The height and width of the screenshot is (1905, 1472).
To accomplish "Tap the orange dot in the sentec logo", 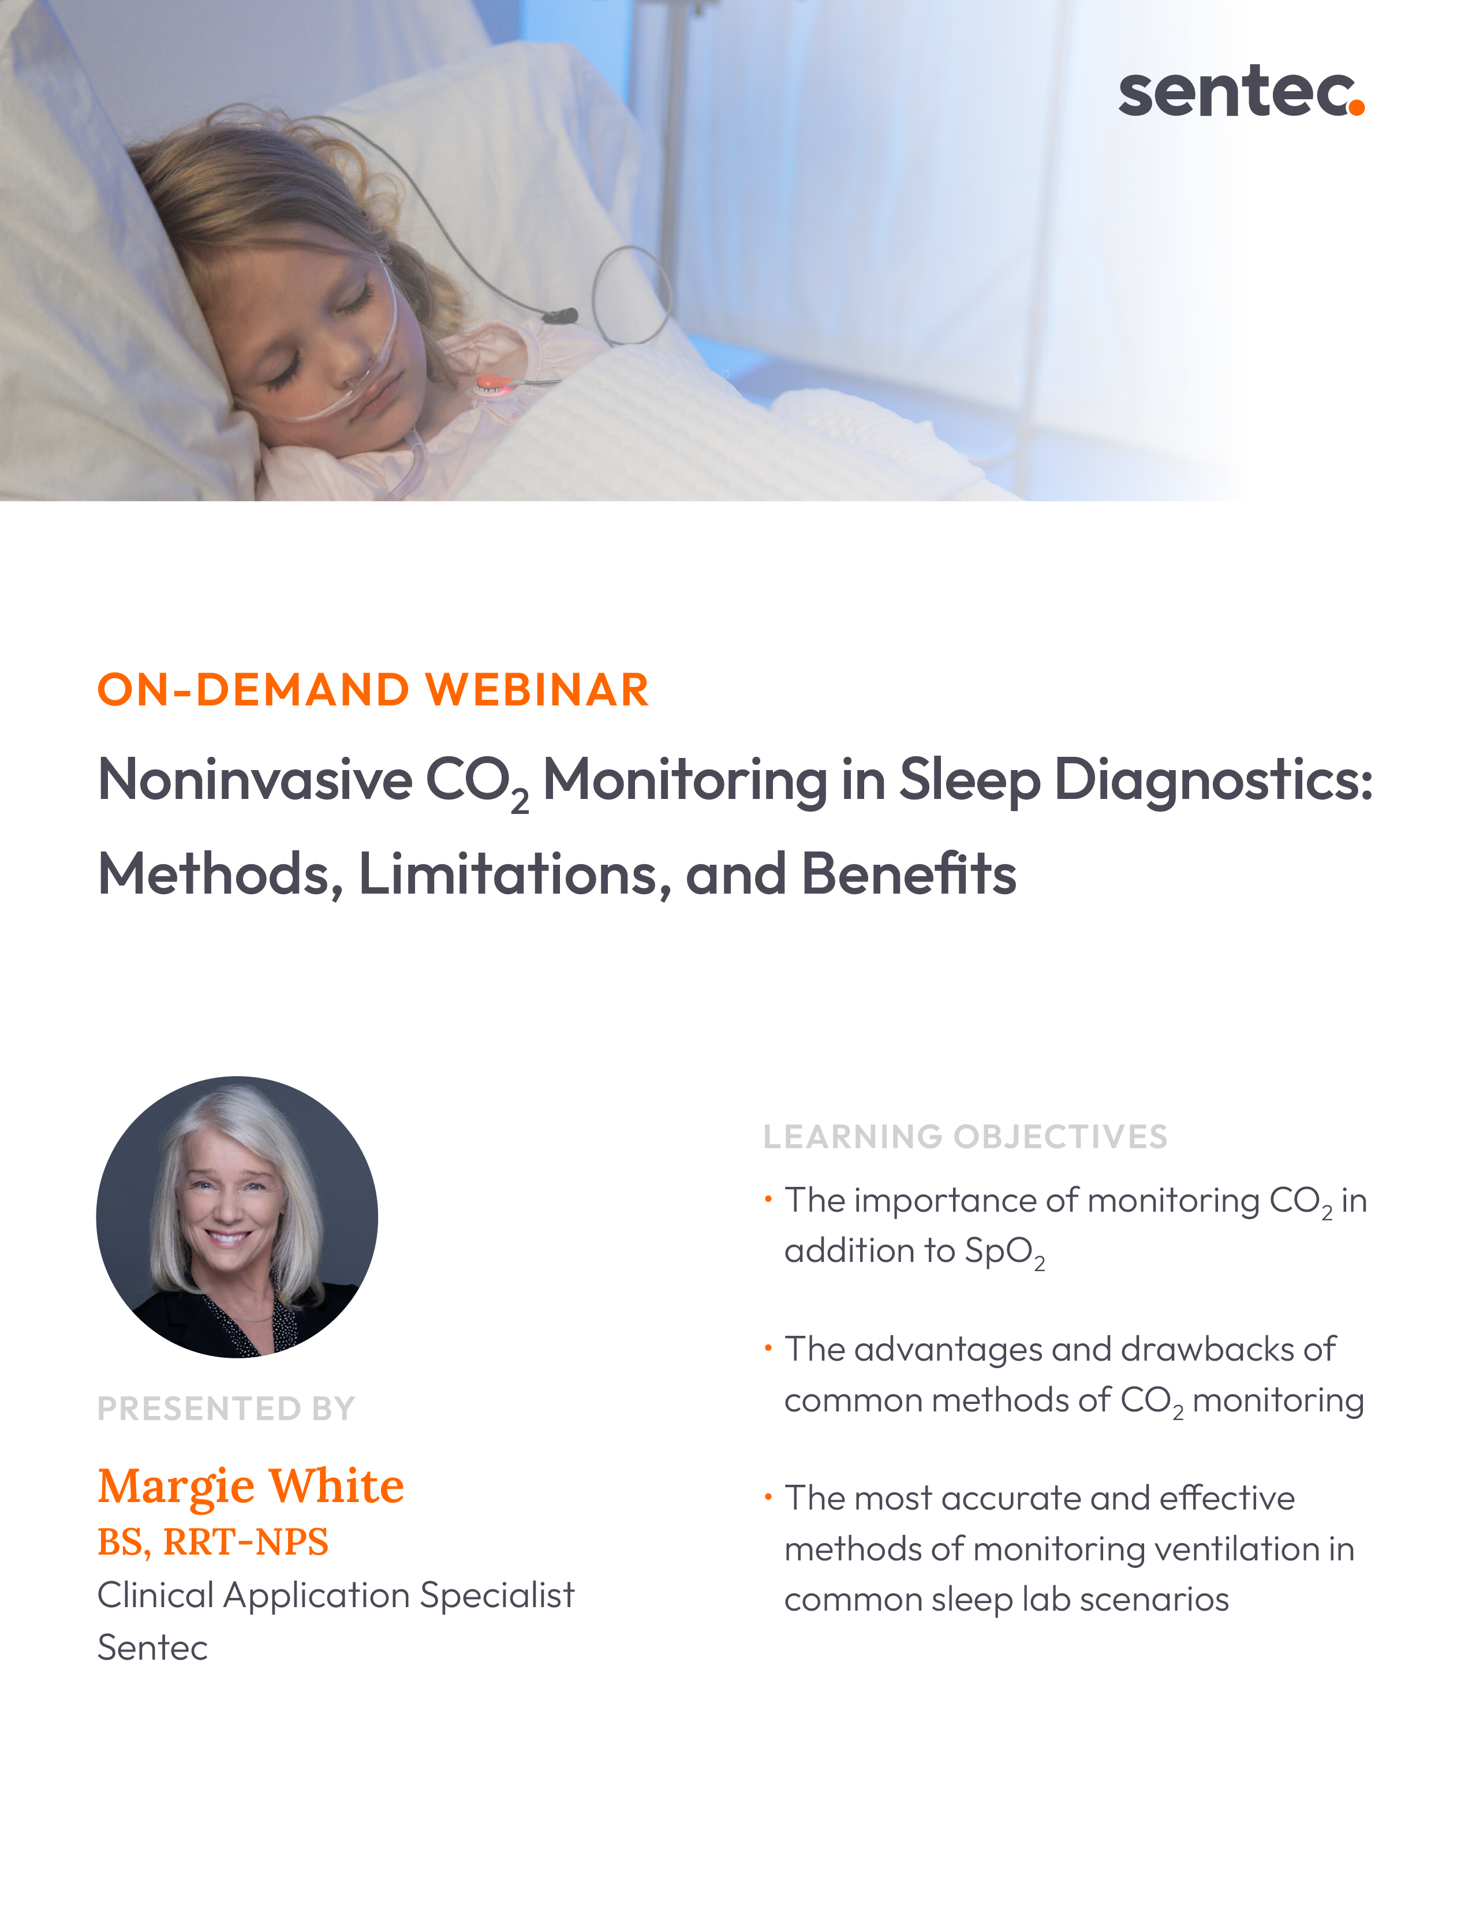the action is (x=1355, y=106).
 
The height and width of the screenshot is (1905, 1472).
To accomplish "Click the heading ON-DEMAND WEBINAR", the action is (x=373, y=690).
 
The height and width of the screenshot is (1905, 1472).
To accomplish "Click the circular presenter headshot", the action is (x=237, y=1217).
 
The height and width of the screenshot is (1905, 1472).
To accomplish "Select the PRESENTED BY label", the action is (x=226, y=1409).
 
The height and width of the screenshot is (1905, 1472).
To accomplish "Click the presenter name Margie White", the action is (x=251, y=1486).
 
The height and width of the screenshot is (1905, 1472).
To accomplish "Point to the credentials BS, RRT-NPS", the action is (x=213, y=1542).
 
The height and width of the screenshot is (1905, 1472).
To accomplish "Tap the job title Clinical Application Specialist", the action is (x=336, y=1596).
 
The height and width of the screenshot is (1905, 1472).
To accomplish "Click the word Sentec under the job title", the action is (x=152, y=1648).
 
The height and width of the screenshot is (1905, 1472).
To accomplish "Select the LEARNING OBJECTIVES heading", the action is (x=965, y=1137).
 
